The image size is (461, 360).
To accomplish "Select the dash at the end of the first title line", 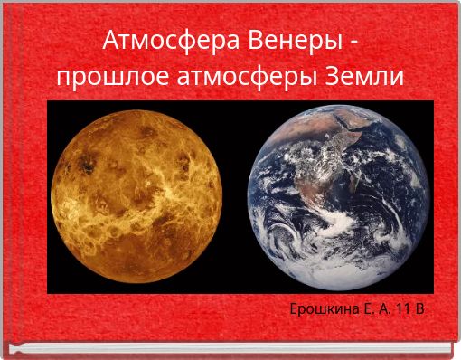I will (x=353, y=43).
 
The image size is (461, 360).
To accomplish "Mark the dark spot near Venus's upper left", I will (x=89, y=164).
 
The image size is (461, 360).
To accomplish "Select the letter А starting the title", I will (x=111, y=41).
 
